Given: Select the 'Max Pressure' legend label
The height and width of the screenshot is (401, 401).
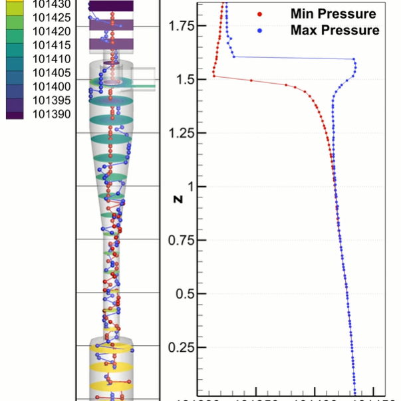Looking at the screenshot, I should click(334, 31).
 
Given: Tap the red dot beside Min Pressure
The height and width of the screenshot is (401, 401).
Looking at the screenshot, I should click(260, 14).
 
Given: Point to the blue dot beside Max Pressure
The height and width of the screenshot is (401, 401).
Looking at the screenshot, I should click(260, 31).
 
